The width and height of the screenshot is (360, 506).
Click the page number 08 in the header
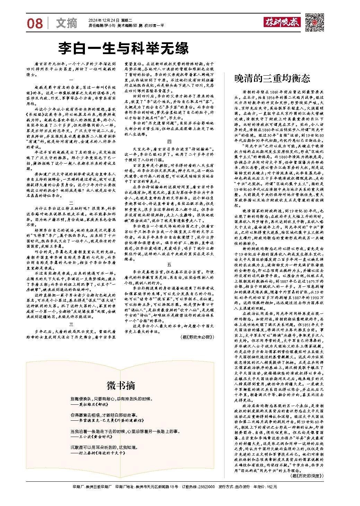point(35,23)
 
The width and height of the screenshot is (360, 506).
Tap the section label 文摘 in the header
point(67,23)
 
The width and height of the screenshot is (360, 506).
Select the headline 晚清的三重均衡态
point(272,78)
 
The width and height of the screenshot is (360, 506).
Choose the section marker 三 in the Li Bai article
point(71,325)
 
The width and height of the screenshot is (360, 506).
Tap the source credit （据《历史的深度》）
point(306,476)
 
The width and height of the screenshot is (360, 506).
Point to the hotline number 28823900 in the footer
point(206,487)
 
